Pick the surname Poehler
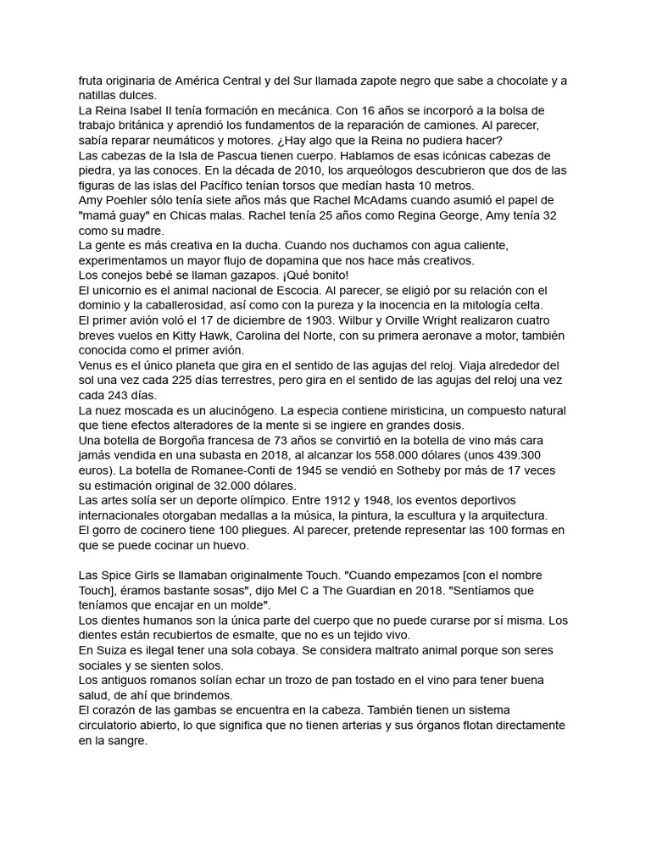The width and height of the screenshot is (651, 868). (x=137, y=200)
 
